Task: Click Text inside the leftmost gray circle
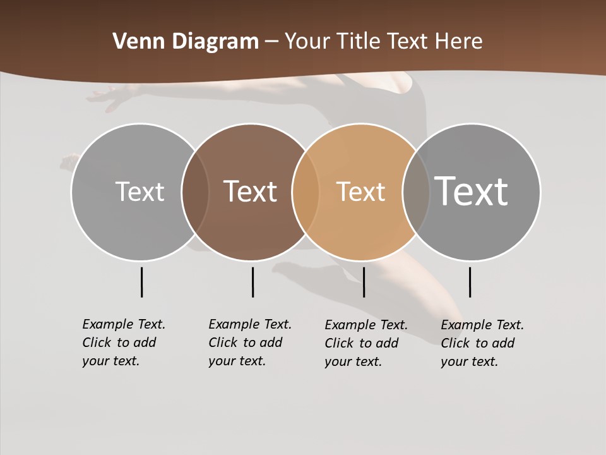click(140, 191)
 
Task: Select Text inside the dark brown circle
click(250, 191)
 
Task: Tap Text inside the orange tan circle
click(360, 191)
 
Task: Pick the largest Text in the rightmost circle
click(472, 191)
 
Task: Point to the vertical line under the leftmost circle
click(141, 282)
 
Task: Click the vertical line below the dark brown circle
click(252, 282)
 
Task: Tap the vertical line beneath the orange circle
click(364, 282)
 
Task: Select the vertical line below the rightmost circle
click(470, 282)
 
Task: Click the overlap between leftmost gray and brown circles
click(195, 191)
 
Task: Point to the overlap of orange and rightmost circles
click(416, 191)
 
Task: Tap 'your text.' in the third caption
click(353, 361)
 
